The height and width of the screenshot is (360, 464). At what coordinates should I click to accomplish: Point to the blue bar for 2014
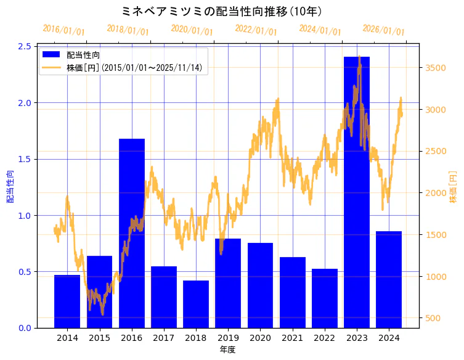[67, 301]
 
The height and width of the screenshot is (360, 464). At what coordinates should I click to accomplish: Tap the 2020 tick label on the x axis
[260, 338]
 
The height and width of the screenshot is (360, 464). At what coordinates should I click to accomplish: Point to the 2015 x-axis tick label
[99, 338]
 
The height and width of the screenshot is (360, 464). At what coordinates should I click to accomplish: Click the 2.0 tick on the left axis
[25, 103]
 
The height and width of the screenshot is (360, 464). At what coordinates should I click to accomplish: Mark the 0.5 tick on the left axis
[25, 272]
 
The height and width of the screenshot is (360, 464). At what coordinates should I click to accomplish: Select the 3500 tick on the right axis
[436, 68]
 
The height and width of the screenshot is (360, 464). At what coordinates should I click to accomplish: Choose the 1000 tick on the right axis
[436, 276]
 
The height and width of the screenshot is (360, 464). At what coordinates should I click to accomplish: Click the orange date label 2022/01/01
[256, 30]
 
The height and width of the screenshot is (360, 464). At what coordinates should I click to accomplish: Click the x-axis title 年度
[227, 350]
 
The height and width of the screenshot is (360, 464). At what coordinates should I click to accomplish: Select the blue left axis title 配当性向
[10, 187]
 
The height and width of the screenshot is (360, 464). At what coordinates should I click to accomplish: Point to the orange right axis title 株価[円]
[453, 187]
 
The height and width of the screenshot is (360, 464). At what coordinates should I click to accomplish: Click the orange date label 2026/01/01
[383, 30]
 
